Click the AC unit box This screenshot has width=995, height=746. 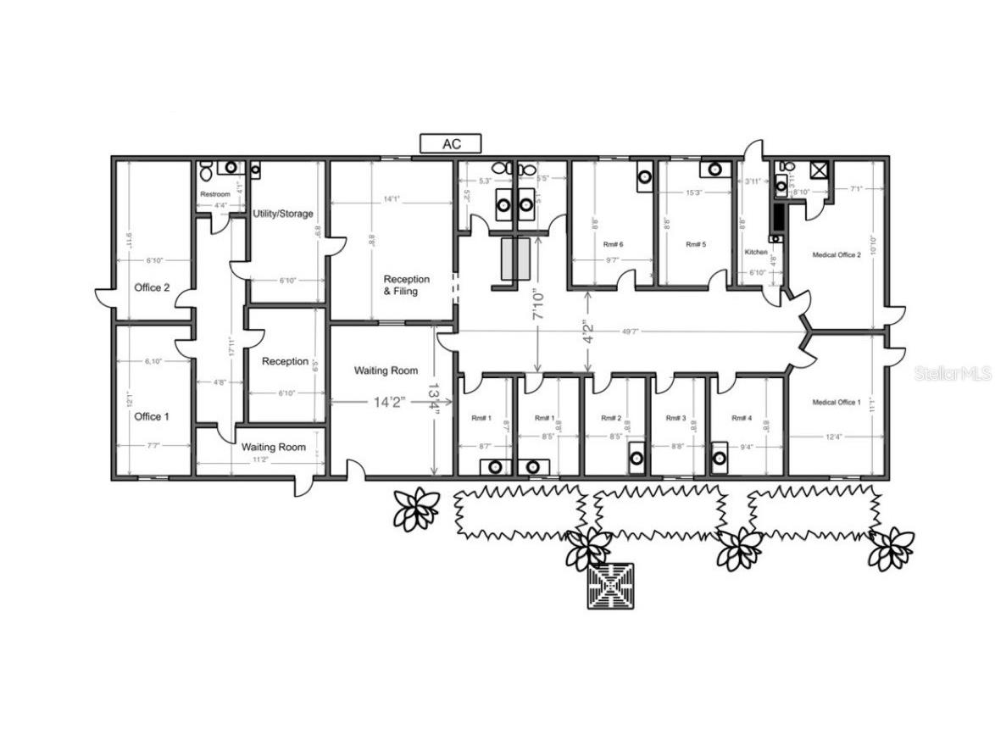pyautogui.click(x=451, y=144)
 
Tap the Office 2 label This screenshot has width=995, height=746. pyautogui.click(x=152, y=287)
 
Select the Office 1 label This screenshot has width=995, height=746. pyautogui.click(x=152, y=416)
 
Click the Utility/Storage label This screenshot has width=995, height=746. pyautogui.click(x=283, y=214)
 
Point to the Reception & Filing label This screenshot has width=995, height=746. pyautogui.click(x=406, y=285)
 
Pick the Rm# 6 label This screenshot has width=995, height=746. pyautogui.click(x=614, y=244)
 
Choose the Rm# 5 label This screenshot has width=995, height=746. pyautogui.click(x=695, y=244)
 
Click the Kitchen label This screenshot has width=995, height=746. pyautogui.click(x=756, y=253)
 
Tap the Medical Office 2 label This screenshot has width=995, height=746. pyautogui.click(x=837, y=254)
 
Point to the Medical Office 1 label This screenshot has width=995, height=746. pyautogui.click(x=837, y=402)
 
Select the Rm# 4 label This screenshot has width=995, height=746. pyautogui.click(x=742, y=418)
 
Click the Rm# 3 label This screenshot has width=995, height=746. pyautogui.click(x=675, y=418)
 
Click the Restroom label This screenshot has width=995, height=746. pyautogui.click(x=214, y=195)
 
